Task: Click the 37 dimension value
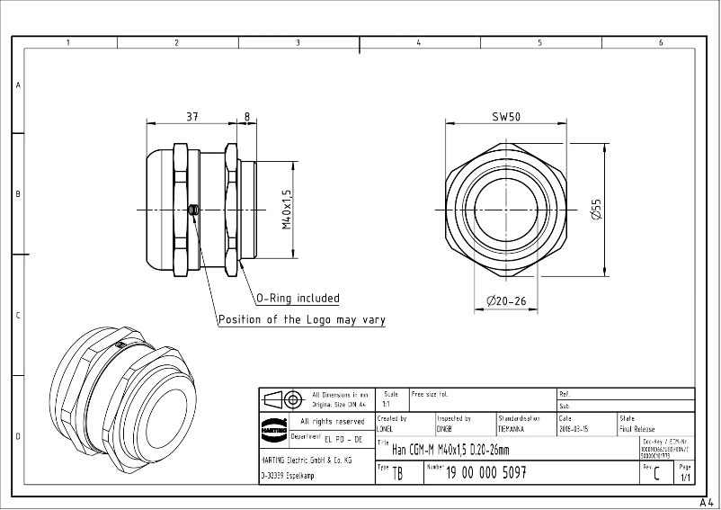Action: [192, 116]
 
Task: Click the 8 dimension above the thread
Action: [246, 116]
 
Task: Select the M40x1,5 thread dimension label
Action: [287, 210]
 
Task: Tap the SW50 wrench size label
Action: [506, 117]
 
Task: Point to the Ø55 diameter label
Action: [595, 210]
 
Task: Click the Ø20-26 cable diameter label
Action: [506, 300]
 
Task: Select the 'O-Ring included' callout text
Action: [298, 299]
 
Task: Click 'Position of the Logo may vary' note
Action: [301, 320]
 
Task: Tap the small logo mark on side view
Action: [193, 210]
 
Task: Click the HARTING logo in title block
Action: [273, 430]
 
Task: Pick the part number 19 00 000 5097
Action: [486, 472]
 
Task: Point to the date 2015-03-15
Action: [575, 430]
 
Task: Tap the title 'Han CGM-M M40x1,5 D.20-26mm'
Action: [450, 450]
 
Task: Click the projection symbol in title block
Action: [284, 398]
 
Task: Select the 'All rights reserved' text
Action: [332, 421]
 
